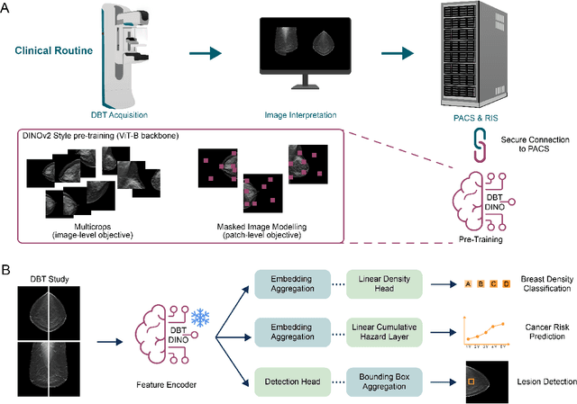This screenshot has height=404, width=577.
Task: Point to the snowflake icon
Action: pyautogui.click(x=199, y=316)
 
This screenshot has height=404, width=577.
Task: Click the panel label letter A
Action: pyautogui.click(x=8, y=8)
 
